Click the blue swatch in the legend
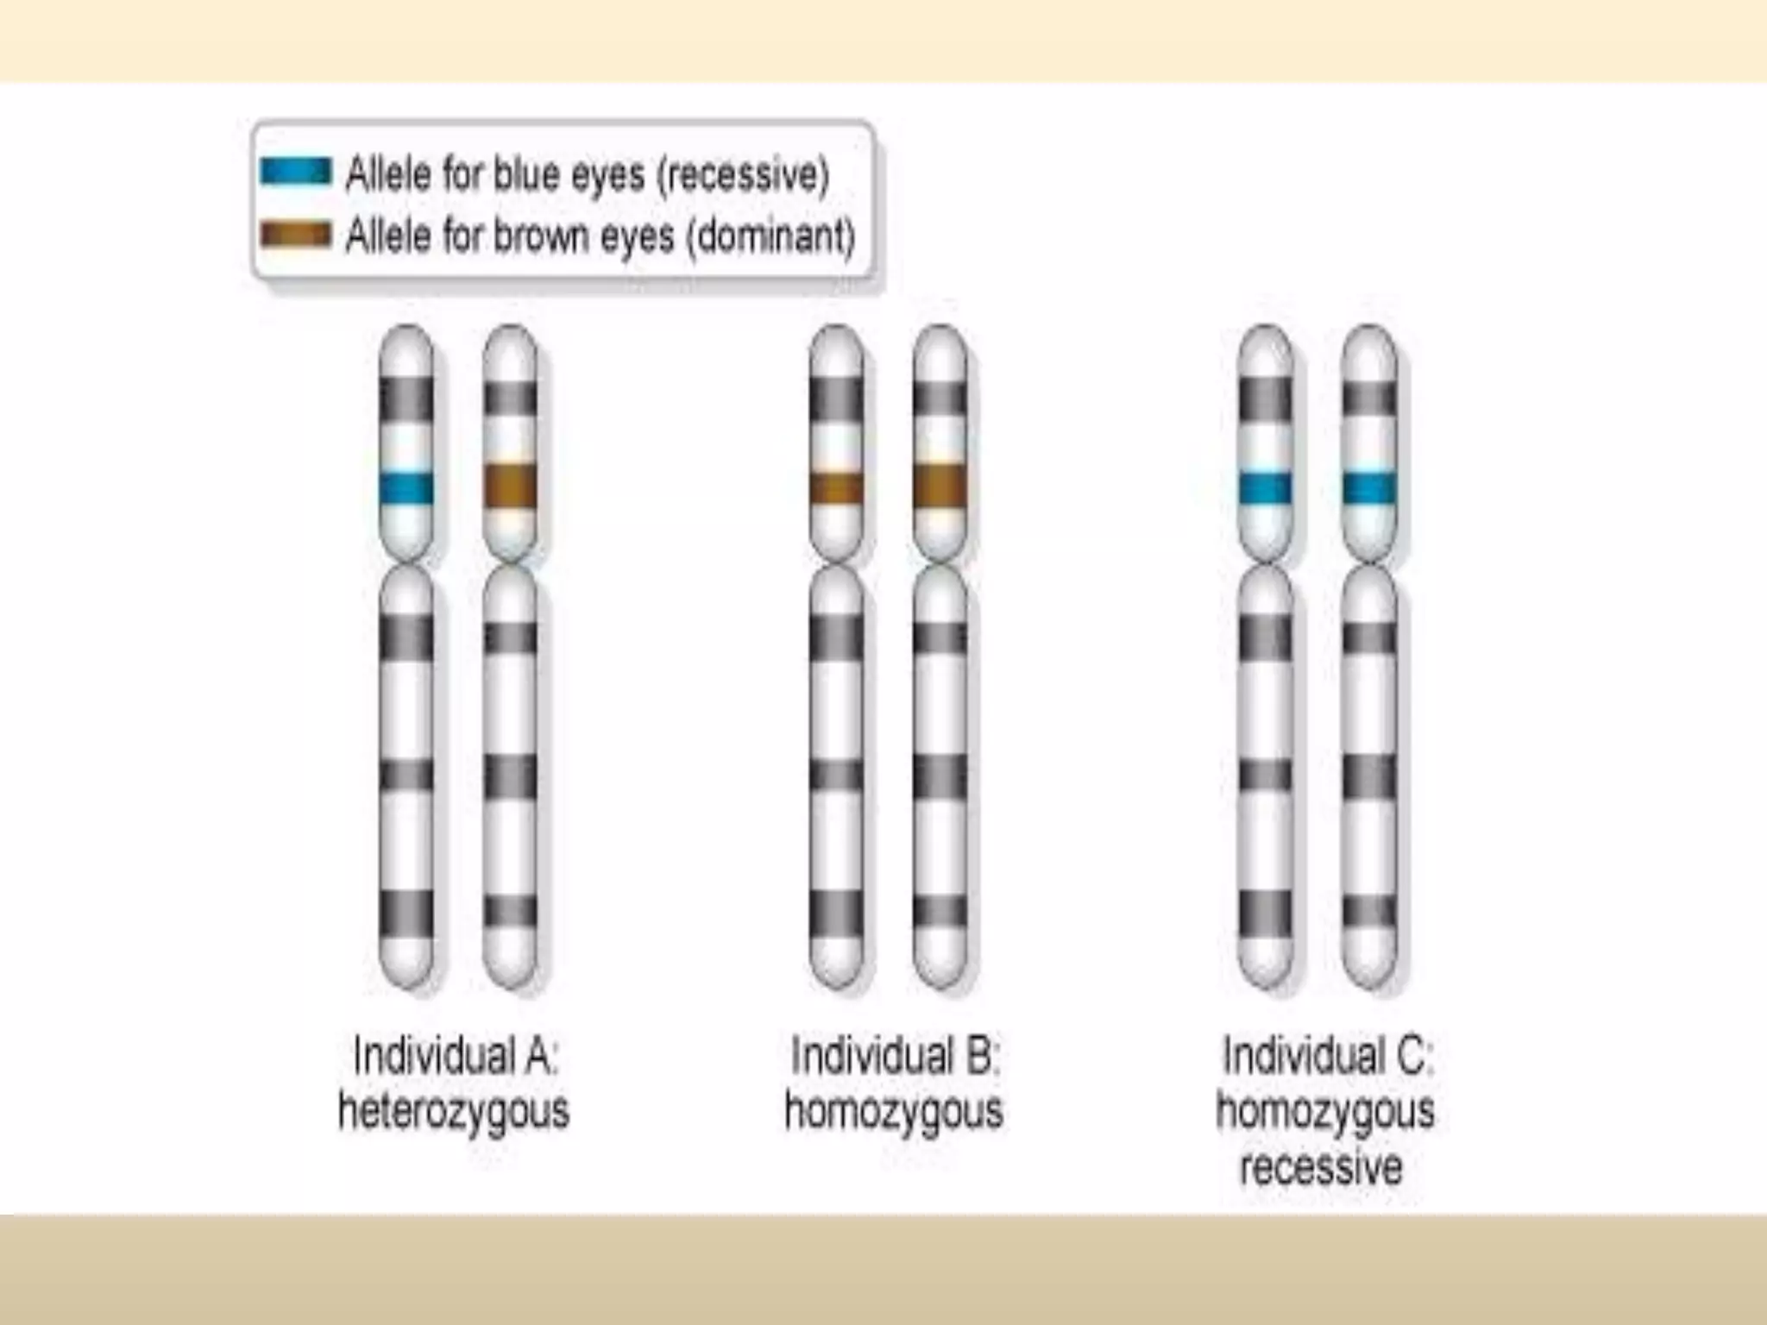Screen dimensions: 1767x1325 tap(295, 172)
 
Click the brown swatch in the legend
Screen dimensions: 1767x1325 tap(295, 235)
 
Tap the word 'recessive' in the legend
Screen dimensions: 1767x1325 tap(743, 175)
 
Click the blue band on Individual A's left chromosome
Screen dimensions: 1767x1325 tap(406, 488)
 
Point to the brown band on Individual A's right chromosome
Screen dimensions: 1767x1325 tap(510, 487)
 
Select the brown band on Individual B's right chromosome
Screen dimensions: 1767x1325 tap(940, 487)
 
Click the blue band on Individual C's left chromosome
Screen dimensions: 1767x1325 tap(1265, 488)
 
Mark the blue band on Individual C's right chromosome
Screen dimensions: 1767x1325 tap(1369, 488)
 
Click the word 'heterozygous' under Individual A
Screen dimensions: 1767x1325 tap(454, 1111)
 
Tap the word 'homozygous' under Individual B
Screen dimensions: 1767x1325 tap(894, 1111)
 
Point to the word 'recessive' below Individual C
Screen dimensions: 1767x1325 tap(1321, 1168)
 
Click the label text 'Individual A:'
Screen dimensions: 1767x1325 tap(456, 1056)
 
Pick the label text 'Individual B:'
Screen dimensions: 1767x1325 tap(895, 1056)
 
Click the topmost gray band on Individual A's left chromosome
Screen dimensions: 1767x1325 tap(406, 399)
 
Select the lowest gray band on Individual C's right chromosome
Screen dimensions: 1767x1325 tap(1369, 912)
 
